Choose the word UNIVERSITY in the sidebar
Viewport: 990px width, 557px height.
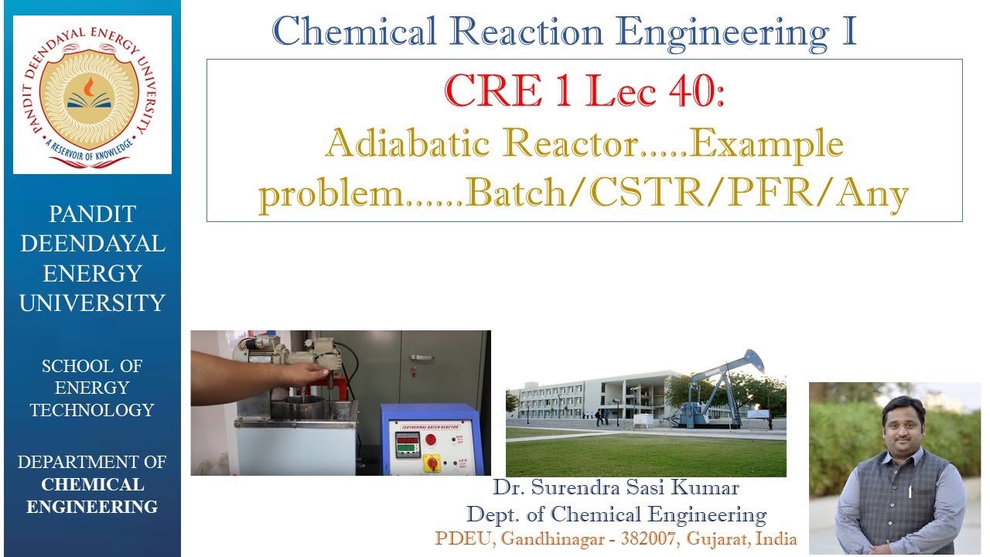92,303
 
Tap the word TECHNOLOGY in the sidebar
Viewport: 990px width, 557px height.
92,410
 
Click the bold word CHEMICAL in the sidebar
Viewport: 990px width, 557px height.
92,485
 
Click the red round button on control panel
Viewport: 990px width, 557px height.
431,440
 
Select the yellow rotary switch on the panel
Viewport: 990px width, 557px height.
432,463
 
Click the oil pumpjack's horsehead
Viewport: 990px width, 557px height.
752,361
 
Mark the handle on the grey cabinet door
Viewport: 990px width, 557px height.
422,357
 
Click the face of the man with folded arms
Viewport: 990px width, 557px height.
903,422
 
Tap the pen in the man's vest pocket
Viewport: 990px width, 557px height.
910,490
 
